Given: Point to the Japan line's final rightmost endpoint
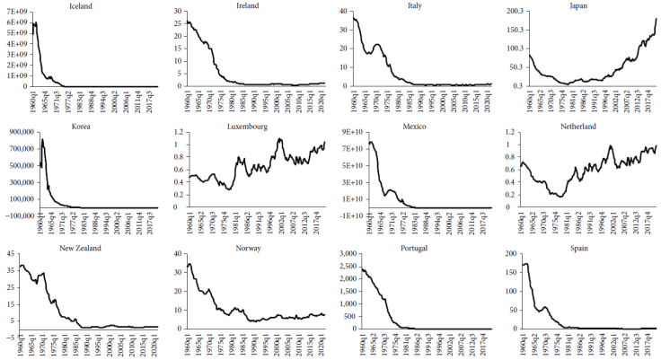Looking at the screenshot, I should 657,19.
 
